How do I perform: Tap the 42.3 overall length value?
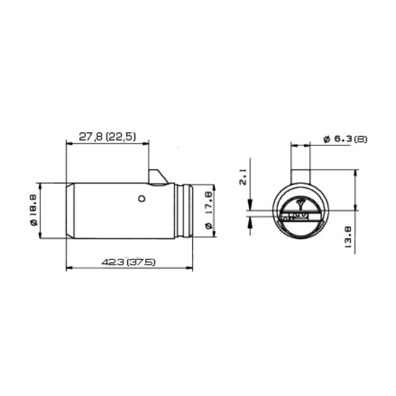[113, 262]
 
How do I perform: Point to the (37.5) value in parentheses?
[141, 262]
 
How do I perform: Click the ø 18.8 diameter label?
[34, 210]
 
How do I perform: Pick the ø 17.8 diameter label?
[209, 210]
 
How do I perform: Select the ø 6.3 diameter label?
[337, 139]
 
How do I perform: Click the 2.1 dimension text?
[243, 178]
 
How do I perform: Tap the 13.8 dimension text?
[348, 237]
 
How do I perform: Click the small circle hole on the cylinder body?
[142, 199]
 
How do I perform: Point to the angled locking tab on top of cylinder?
[157, 177]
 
